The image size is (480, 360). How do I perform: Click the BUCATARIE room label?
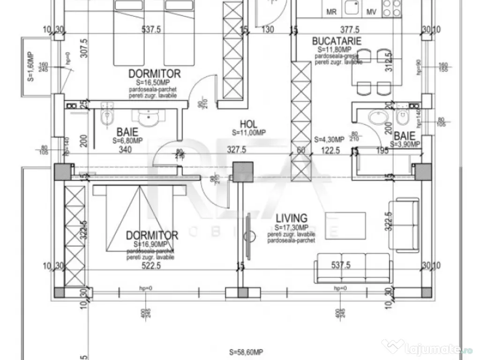(337, 41)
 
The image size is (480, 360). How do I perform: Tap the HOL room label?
(248, 124)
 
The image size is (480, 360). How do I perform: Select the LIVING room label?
(292, 218)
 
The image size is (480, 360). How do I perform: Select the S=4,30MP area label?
(329, 139)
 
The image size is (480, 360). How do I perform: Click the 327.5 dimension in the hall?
(237, 150)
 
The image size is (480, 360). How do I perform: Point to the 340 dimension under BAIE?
(125, 150)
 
